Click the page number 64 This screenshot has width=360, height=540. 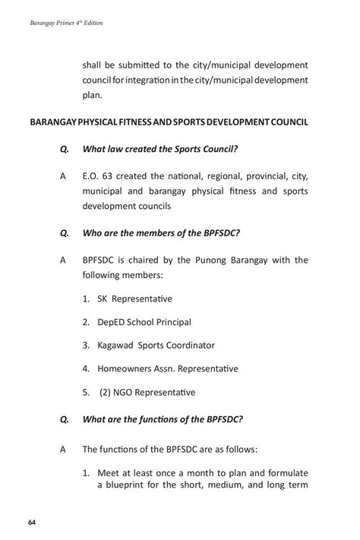pos(33,523)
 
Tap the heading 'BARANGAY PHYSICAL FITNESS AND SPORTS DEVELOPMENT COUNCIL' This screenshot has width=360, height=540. pos(168,121)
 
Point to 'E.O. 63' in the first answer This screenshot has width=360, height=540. pos(97,175)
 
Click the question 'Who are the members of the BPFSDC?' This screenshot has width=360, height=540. pos(157,233)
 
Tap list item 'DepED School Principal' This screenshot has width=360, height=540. pos(144,322)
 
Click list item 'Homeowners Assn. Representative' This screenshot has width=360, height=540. pos(167,369)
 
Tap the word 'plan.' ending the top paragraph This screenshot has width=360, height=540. pos(91,96)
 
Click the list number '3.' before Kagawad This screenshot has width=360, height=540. pos(87,346)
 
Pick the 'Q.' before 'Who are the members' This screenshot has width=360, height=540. pos(64,233)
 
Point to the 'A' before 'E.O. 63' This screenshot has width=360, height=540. pos(62,175)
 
